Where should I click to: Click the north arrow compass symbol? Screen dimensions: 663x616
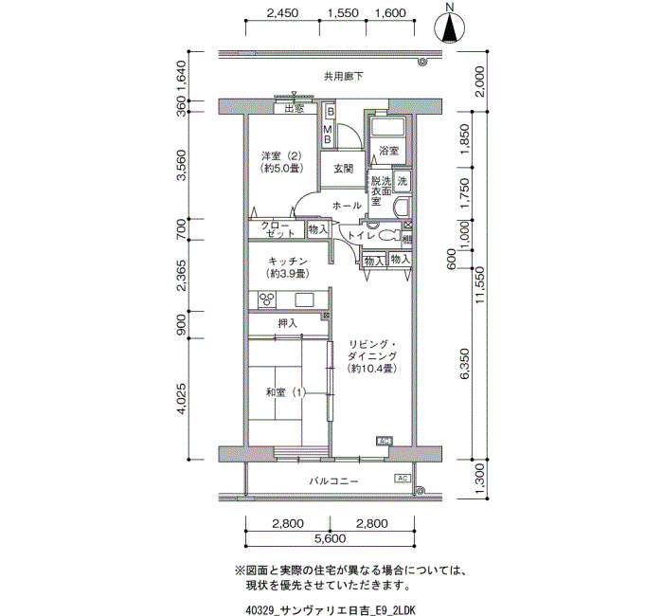click(x=450, y=27)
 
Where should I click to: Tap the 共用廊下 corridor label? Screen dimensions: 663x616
click(x=343, y=77)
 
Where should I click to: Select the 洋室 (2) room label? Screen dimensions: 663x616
click(x=280, y=155)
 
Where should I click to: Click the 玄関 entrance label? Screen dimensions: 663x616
click(x=343, y=169)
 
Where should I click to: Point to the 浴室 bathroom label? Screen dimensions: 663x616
click(x=388, y=150)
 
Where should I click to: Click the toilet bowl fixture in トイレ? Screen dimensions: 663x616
click(x=389, y=236)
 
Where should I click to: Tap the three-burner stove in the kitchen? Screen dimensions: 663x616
click(x=267, y=299)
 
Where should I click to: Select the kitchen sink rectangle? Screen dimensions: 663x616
click(x=304, y=300)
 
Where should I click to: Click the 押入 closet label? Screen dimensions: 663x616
click(x=288, y=324)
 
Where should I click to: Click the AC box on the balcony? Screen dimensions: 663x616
click(x=403, y=478)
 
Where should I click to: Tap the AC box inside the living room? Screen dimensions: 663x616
click(x=385, y=441)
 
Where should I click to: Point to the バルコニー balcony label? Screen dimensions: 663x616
click(x=333, y=481)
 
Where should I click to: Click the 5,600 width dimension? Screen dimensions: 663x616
click(x=330, y=538)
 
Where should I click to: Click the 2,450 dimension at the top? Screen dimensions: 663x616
click(x=282, y=13)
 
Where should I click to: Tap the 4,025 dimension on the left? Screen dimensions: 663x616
click(x=181, y=399)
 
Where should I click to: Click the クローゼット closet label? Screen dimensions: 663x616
click(x=278, y=229)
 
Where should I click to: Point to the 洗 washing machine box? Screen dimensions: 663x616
click(x=402, y=181)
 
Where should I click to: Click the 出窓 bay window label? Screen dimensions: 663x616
click(x=295, y=109)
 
